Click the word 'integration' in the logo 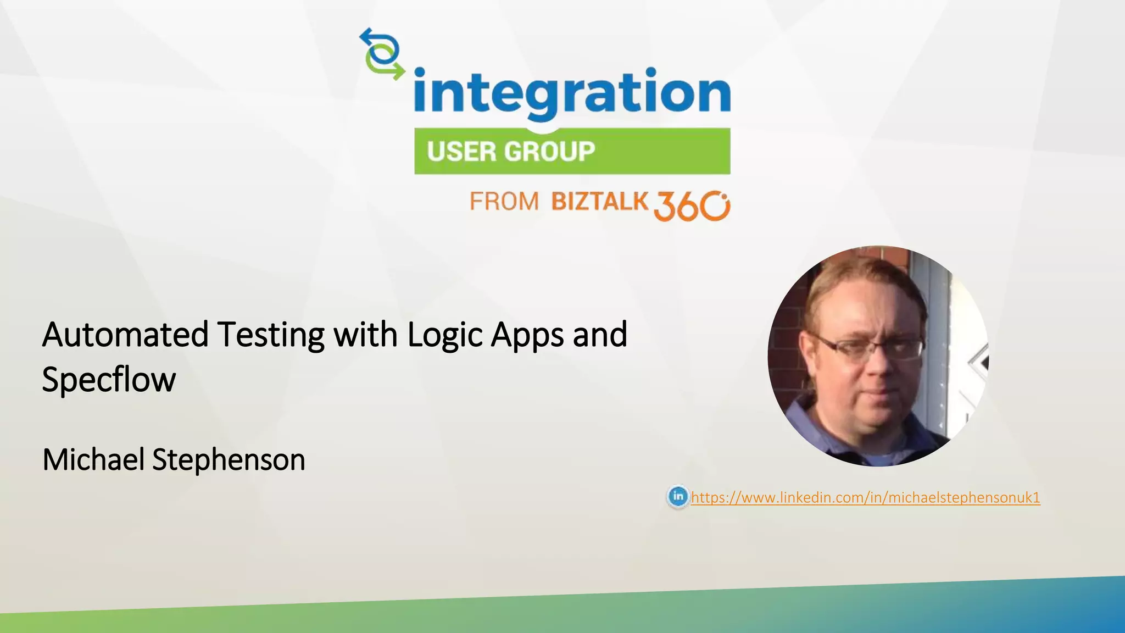tap(571, 92)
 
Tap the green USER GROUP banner tap(572, 151)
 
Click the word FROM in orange tap(504, 202)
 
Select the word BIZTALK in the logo tap(600, 201)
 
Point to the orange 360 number tap(691, 206)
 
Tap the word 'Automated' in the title tap(125, 334)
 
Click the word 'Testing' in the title tap(270, 334)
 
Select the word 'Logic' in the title tap(444, 334)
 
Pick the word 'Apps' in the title tap(527, 334)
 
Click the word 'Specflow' tap(109, 379)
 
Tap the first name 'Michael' tap(93, 459)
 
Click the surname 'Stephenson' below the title tap(229, 459)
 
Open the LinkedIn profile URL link tap(865, 497)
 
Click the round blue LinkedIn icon tap(678, 497)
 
